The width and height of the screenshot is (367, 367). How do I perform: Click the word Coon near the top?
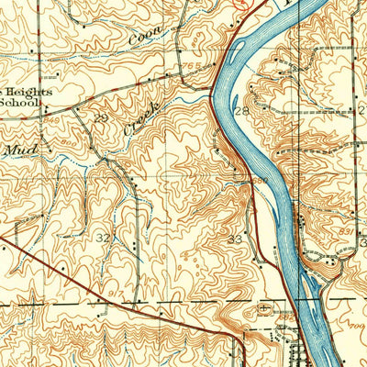tap(141, 39)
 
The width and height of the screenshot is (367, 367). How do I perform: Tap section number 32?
tap(104, 238)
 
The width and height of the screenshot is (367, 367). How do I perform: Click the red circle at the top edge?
tap(240, 3)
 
